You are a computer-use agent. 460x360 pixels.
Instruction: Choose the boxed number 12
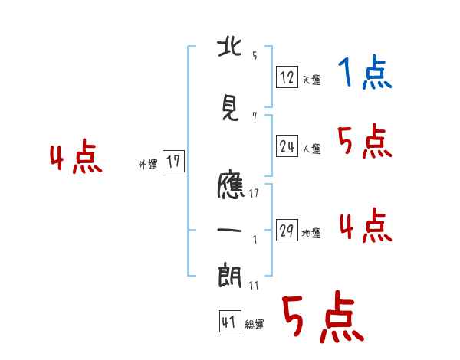(287, 77)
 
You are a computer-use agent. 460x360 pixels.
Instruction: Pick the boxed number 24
(287, 146)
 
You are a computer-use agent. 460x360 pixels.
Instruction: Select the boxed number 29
(287, 231)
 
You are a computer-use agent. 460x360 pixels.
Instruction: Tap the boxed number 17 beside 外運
(173, 162)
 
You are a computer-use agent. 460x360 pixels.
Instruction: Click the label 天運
(311, 80)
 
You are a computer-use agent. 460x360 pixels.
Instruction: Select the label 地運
(311, 234)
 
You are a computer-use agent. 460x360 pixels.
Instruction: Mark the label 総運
(255, 325)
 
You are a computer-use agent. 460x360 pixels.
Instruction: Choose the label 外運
(148, 164)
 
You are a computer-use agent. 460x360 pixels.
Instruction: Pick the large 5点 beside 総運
(322, 319)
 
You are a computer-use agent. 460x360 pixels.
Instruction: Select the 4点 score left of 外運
(75, 159)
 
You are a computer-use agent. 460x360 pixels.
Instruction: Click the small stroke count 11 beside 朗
(253, 285)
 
